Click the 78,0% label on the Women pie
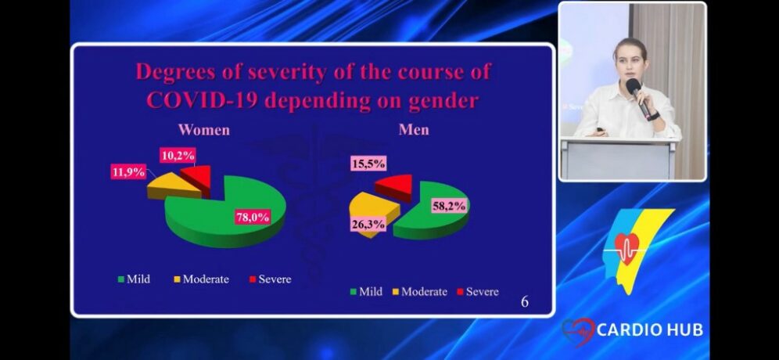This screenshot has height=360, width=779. click(253, 218)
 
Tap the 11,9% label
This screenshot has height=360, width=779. click(128, 172)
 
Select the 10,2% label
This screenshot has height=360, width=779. click(178, 156)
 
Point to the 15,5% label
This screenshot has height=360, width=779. click(368, 163)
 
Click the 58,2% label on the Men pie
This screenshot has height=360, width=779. click(449, 206)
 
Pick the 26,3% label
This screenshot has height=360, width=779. click(368, 225)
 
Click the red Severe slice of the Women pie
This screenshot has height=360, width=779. click(196, 178)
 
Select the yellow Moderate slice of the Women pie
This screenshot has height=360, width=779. click(174, 185)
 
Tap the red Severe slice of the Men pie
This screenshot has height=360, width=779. click(394, 186)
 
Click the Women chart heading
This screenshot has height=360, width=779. click(203, 130)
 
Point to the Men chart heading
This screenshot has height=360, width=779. click(414, 130)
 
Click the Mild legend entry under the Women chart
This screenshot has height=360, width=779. click(134, 279)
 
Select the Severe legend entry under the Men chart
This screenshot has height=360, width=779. click(477, 291)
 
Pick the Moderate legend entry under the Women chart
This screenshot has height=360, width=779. click(201, 279)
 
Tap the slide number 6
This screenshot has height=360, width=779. click(525, 302)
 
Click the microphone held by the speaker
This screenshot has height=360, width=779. click(638, 97)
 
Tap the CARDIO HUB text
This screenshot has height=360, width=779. click(650, 329)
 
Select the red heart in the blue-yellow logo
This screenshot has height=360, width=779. click(626, 247)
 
